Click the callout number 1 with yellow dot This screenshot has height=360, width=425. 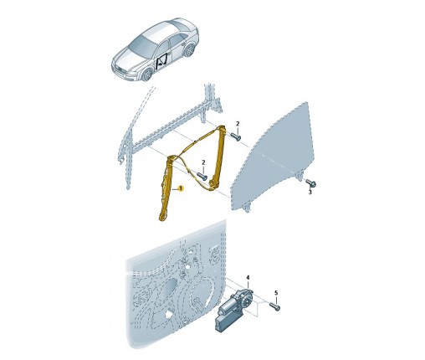click(x=181, y=188)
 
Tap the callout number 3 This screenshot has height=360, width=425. click(x=310, y=192)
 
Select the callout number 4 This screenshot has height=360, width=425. click(x=248, y=278)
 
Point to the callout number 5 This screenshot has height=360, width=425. click(x=276, y=293)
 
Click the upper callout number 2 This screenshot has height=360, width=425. click(x=238, y=124)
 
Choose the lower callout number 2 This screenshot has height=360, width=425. click(x=203, y=162)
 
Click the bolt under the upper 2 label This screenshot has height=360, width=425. click(x=236, y=137)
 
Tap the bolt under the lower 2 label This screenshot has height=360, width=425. click(x=202, y=177)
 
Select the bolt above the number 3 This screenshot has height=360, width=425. click(x=311, y=183)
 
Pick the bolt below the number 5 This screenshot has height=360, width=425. click(x=275, y=306)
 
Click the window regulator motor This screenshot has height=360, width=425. click(x=233, y=310)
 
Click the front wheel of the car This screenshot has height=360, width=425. click(x=147, y=74)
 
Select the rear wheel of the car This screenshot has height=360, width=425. click(x=191, y=50)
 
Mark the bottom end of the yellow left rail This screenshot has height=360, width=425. click(x=162, y=218)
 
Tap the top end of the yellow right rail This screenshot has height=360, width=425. click(x=222, y=128)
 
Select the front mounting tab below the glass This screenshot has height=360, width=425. click(x=246, y=208)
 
